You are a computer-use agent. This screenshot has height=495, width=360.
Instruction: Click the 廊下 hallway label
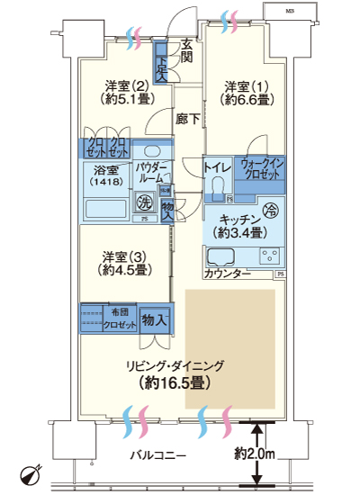187,118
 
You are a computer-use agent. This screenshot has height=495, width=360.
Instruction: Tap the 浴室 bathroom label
106,169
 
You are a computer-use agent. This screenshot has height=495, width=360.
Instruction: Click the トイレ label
217,166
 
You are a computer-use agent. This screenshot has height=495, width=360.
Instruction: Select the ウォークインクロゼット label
261,168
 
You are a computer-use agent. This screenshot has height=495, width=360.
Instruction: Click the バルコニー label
157,456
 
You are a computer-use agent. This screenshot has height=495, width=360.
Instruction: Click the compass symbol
29,474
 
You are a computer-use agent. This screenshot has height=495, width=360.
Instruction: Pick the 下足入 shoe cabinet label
161,64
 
